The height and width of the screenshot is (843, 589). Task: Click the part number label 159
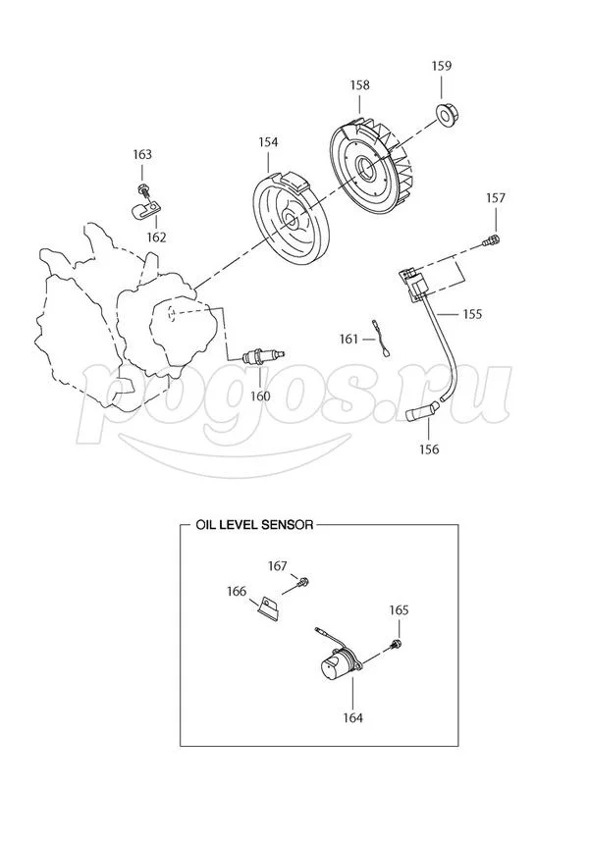pyautogui.click(x=441, y=66)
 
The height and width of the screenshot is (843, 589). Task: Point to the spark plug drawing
pyautogui.click(x=263, y=355)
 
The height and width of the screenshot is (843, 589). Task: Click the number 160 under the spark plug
pyautogui.click(x=260, y=396)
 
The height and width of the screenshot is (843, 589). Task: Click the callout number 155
pyautogui.click(x=472, y=313)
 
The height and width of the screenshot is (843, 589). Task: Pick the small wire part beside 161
pyautogui.click(x=380, y=339)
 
